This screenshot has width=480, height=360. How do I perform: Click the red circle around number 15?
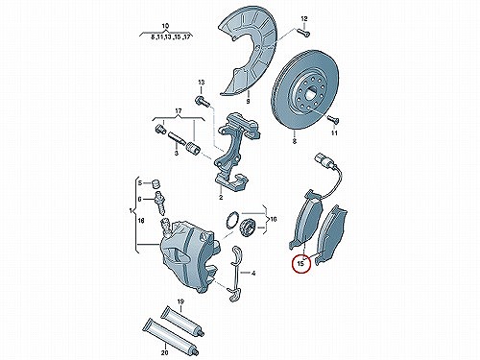pos(301,272)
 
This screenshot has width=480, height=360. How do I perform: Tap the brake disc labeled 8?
pos(304,89)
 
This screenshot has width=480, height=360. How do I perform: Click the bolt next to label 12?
pos(303,32)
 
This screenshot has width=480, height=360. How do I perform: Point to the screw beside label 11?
pos(333,120)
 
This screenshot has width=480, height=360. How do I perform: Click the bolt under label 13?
pos(202,101)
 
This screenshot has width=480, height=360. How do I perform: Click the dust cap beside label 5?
pos(156,183)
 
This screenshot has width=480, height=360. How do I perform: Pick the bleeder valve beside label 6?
pos(159,203)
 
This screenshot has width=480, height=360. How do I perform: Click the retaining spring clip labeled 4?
pos(236,274)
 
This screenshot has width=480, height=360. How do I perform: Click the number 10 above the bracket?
pos(165,26)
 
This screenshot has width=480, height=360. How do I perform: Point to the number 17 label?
pos(178,111)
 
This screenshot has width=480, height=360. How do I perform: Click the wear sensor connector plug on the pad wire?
pos(323,160)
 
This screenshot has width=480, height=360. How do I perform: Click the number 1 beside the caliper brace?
pos(131,211)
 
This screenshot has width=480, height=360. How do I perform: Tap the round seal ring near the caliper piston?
pos(231,220)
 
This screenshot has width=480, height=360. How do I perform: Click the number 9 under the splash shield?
pos(248,102)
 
